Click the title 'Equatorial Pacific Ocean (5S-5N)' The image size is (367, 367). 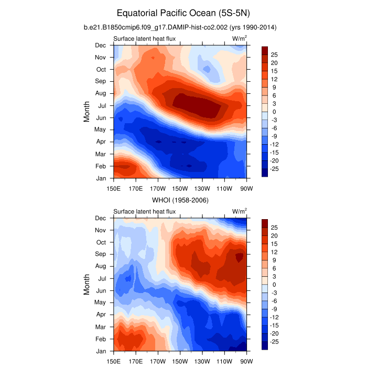(x=183, y=12)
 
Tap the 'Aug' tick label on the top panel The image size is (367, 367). (x=100, y=93)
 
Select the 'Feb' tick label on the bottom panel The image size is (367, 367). (x=100, y=339)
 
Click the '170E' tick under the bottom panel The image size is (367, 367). (x=136, y=361)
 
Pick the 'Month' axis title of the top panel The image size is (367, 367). (x=87, y=112)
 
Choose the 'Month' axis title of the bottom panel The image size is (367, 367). (x=87, y=285)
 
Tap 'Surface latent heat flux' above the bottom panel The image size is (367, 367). (x=144, y=211)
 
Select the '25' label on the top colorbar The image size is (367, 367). (x=274, y=55)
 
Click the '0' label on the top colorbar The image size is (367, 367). (x=274, y=112)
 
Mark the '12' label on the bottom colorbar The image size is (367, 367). (x=274, y=252)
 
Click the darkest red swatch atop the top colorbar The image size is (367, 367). (x=265, y=50)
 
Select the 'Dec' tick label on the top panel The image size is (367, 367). (x=100, y=45)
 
